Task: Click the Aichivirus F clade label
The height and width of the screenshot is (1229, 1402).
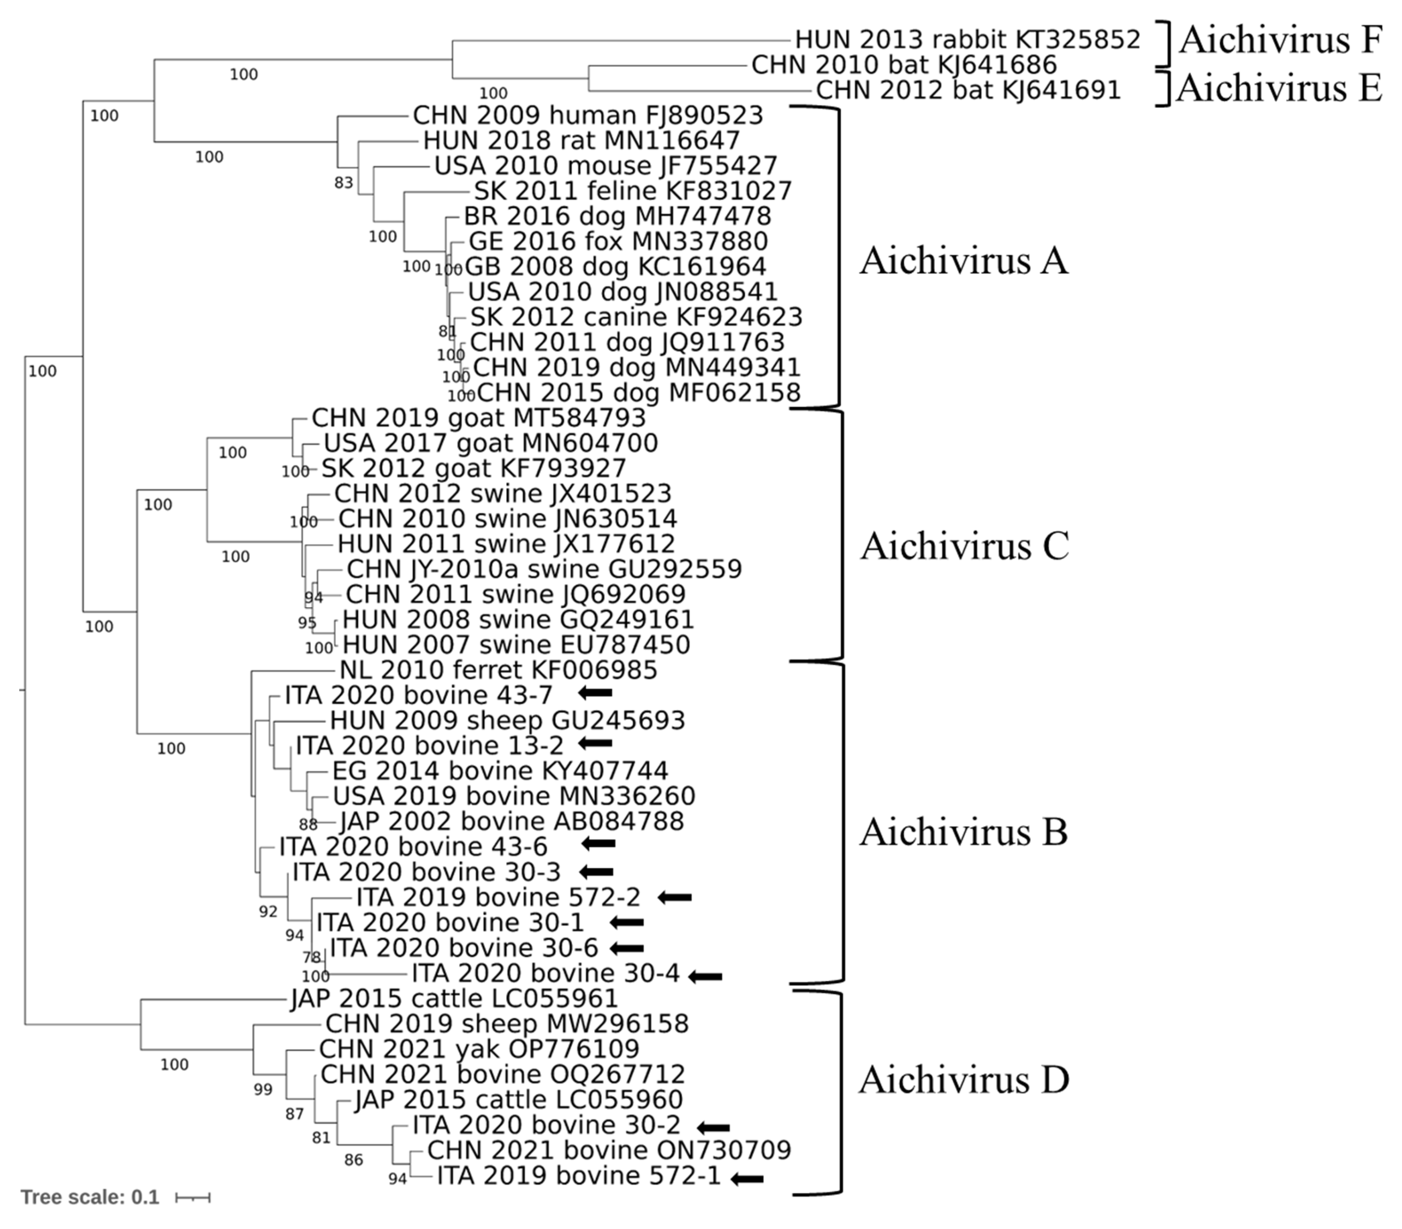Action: (x=1280, y=40)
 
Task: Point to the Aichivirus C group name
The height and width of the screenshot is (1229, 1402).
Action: (x=964, y=547)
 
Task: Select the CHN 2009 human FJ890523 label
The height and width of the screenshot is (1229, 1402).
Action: (x=588, y=115)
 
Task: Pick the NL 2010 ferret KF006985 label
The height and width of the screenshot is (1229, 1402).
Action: (x=499, y=670)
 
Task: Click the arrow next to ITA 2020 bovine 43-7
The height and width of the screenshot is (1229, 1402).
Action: (x=595, y=694)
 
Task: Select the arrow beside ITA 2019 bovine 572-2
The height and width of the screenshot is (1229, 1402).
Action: (x=674, y=897)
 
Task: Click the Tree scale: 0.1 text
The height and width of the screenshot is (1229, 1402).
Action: (x=90, y=1197)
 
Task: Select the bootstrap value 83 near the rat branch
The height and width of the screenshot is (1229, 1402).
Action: (x=344, y=182)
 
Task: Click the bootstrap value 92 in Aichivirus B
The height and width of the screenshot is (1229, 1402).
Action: (x=268, y=911)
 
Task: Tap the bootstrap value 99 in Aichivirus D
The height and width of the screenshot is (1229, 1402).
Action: (x=263, y=1090)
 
